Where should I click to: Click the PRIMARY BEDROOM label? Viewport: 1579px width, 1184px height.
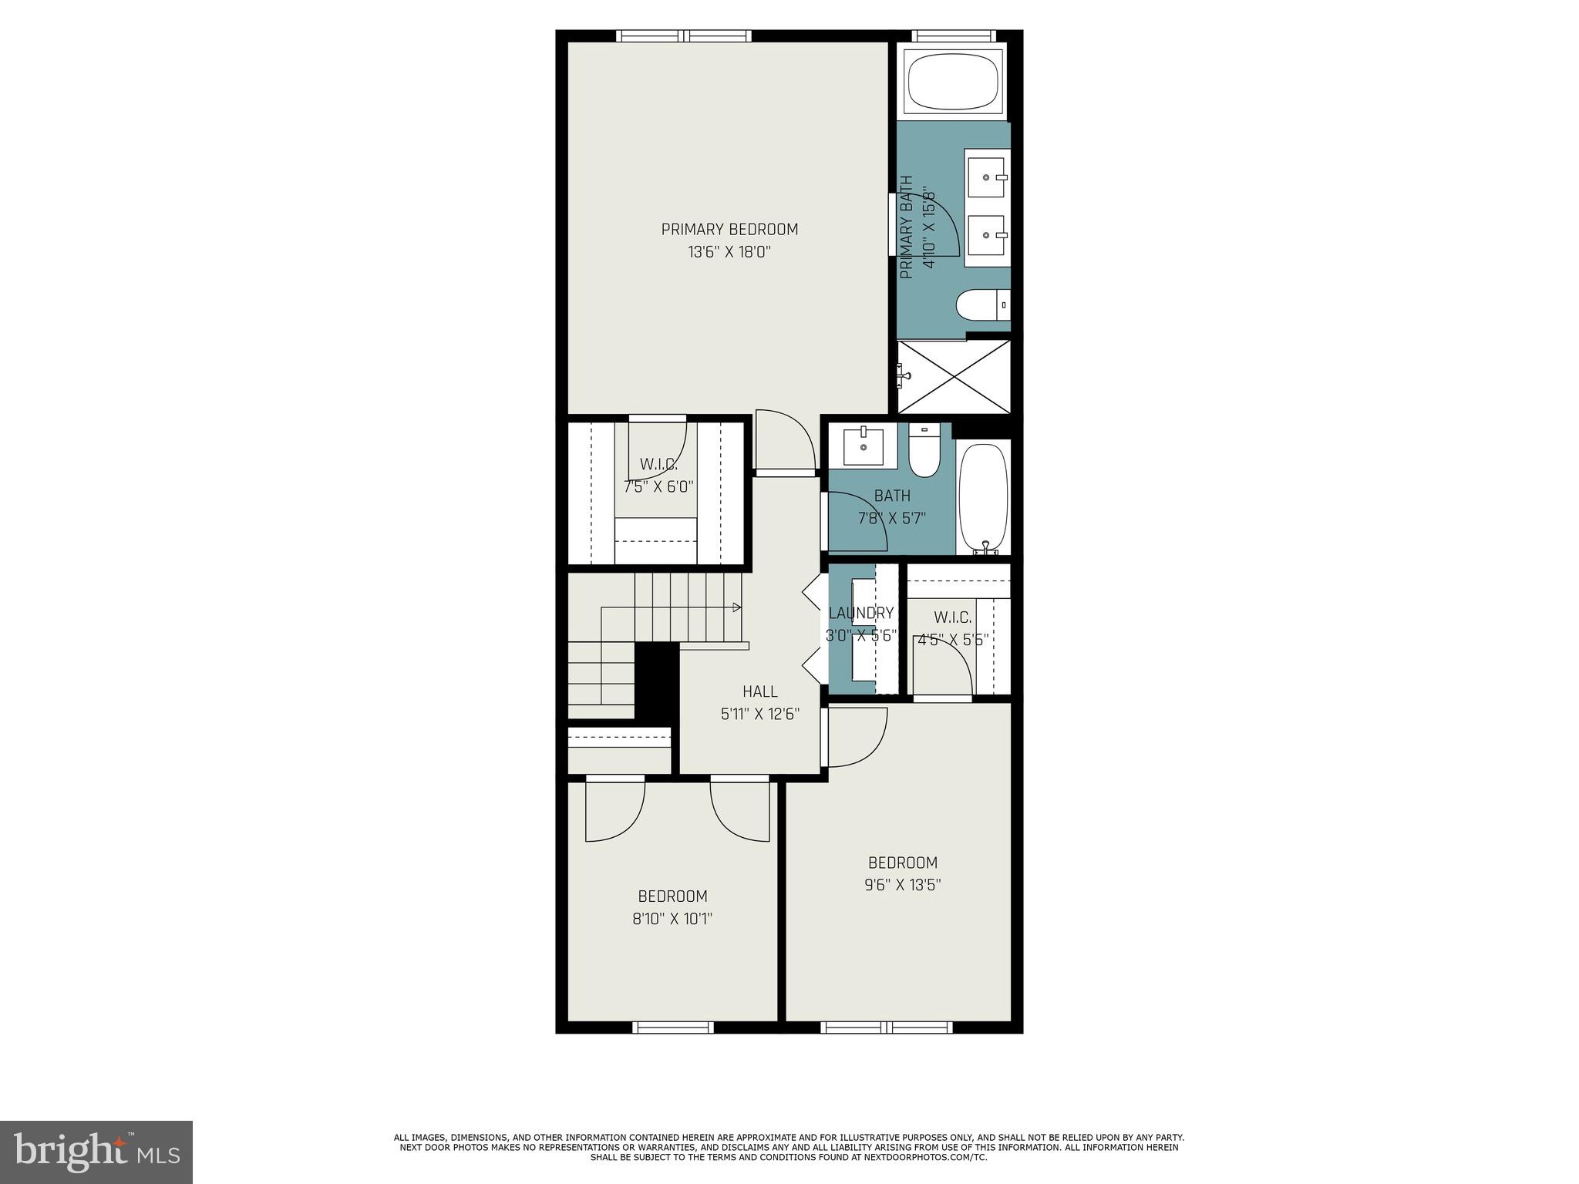tap(729, 229)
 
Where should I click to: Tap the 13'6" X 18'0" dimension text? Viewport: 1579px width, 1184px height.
tap(729, 252)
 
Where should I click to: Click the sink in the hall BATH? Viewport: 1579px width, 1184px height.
tap(864, 446)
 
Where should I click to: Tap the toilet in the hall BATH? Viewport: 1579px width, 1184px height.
tap(923, 453)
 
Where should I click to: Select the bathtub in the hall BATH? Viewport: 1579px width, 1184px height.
tap(983, 497)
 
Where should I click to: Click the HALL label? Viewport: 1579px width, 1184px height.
tap(759, 691)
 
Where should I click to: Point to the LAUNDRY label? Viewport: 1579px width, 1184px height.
tap(860, 614)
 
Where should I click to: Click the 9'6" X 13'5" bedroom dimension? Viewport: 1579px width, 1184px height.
tap(902, 885)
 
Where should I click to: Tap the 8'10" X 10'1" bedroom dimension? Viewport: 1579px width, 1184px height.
tap(672, 919)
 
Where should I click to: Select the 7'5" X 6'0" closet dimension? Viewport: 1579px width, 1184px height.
tap(658, 487)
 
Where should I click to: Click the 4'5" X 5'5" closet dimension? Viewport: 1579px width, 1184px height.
tap(953, 639)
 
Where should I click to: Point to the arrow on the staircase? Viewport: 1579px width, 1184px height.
tap(736, 607)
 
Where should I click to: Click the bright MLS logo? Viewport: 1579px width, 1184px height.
tap(96, 1152)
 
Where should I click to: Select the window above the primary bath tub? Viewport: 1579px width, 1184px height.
tap(954, 36)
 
